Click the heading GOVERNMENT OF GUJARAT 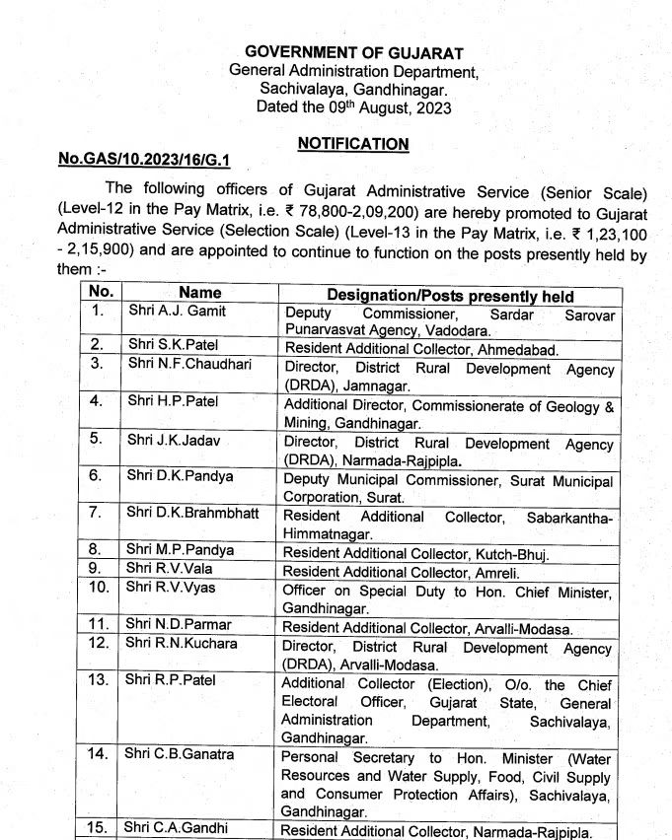[x=353, y=52]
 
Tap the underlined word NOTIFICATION [x=353, y=144]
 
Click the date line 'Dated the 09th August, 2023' [x=353, y=107]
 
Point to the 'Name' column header [x=200, y=293]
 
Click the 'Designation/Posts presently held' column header [x=450, y=295]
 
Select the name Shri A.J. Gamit [x=177, y=312]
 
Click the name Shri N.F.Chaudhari [x=189, y=364]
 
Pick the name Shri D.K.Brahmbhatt [x=192, y=513]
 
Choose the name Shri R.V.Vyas [x=170, y=588]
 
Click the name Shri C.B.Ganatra [x=180, y=754]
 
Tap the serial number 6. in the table [x=97, y=476]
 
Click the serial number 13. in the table [x=98, y=680]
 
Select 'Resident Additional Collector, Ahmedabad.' [x=421, y=349]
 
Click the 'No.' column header [x=101, y=292]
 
